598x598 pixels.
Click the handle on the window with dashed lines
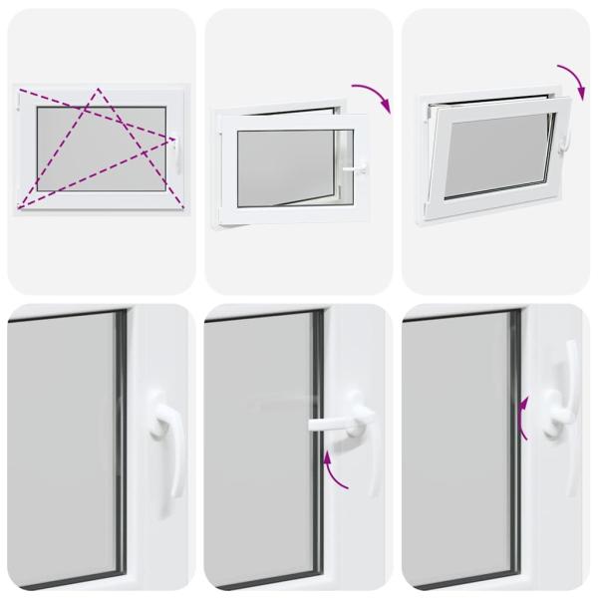(x=175, y=152)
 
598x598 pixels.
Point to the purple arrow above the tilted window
(x=570, y=79)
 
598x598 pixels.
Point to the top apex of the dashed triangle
(x=98, y=89)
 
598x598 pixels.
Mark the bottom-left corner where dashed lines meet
(x=19, y=208)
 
